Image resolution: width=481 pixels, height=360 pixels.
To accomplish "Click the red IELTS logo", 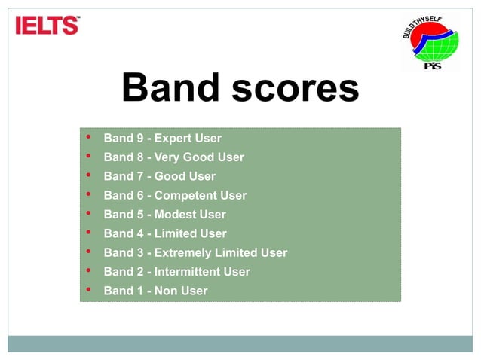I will [x=47, y=26].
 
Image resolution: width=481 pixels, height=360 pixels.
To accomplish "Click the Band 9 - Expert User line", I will [x=162, y=139].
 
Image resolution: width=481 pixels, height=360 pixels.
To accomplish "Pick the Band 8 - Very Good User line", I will [x=173, y=157].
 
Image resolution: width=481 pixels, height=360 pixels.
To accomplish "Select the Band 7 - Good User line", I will [x=159, y=176].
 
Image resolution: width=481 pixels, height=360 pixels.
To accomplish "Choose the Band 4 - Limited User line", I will [x=165, y=233].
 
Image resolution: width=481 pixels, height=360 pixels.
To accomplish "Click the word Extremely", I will [x=183, y=253].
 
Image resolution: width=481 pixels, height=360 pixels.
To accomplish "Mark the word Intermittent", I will [x=188, y=272].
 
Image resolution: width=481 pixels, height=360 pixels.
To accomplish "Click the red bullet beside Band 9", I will [x=89, y=138].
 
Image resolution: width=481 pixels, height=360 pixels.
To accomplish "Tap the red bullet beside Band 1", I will [x=89, y=290].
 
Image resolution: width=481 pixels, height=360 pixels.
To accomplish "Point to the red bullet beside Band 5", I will [x=89, y=214].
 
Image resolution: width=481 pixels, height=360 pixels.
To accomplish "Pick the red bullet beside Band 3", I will [x=89, y=252].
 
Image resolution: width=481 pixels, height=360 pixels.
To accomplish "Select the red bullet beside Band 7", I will [x=89, y=175].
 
